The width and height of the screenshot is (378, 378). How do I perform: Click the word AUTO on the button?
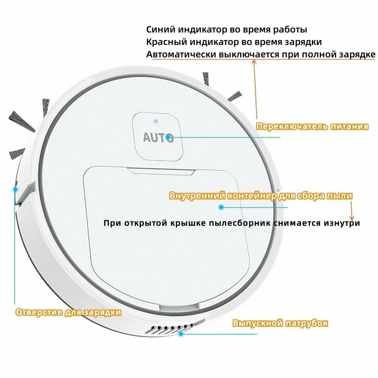pyautogui.click(x=158, y=138)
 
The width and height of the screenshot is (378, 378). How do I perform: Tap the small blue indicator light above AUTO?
pyautogui.click(x=156, y=121)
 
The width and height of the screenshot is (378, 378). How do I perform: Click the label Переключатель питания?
pyautogui.click(x=312, y=127)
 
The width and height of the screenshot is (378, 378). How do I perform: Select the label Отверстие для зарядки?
pyautogui.click(x=68, y=312)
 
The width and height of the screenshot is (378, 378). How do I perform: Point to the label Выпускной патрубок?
pyautogui.click(x=280, y=323)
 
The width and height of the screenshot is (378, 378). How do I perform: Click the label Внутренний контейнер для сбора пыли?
pyautogui.click(x=261, y=195)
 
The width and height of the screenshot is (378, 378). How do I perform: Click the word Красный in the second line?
pyautogui.click(x=167, y=42)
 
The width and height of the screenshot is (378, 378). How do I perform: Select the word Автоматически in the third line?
pyautogui.click(x=181, y=54)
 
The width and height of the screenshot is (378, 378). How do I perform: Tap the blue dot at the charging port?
pyautogui.click(x=15, y=189)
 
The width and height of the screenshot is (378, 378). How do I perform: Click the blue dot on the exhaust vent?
pyautogui.click(x=181, y=334)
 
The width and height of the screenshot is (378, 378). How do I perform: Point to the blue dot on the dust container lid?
pyautogui.click(x=221, y=207)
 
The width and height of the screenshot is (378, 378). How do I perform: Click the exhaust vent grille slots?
pyautogui.click(x=171, y=328)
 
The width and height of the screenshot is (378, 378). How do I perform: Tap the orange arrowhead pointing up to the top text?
pyautogui.click(x=254, y=62)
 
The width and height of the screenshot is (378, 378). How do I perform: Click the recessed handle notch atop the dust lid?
pyautogui.click(x=161, y=171)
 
